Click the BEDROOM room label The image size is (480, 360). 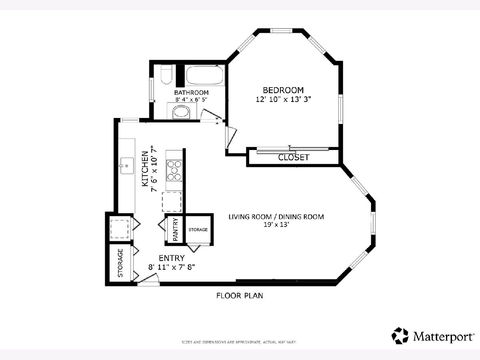pos(283,90)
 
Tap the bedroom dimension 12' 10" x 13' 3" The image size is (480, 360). pos(284,100)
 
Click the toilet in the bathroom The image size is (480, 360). pos(166,74)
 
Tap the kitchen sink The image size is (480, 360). pos(127,166)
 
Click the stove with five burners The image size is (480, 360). pos(174,170)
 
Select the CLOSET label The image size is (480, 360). pos(294,157)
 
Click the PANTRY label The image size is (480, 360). pos(176,230)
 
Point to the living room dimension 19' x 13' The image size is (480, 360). pos(276,224)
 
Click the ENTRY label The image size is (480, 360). pos(172,258)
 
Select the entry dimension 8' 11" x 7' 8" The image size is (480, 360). pos(172,267)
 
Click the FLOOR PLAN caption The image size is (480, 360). pos(240,296)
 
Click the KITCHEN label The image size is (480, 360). pos(145,169)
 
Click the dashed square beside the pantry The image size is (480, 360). pos(172,202)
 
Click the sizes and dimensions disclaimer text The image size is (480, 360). pos(239,342)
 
